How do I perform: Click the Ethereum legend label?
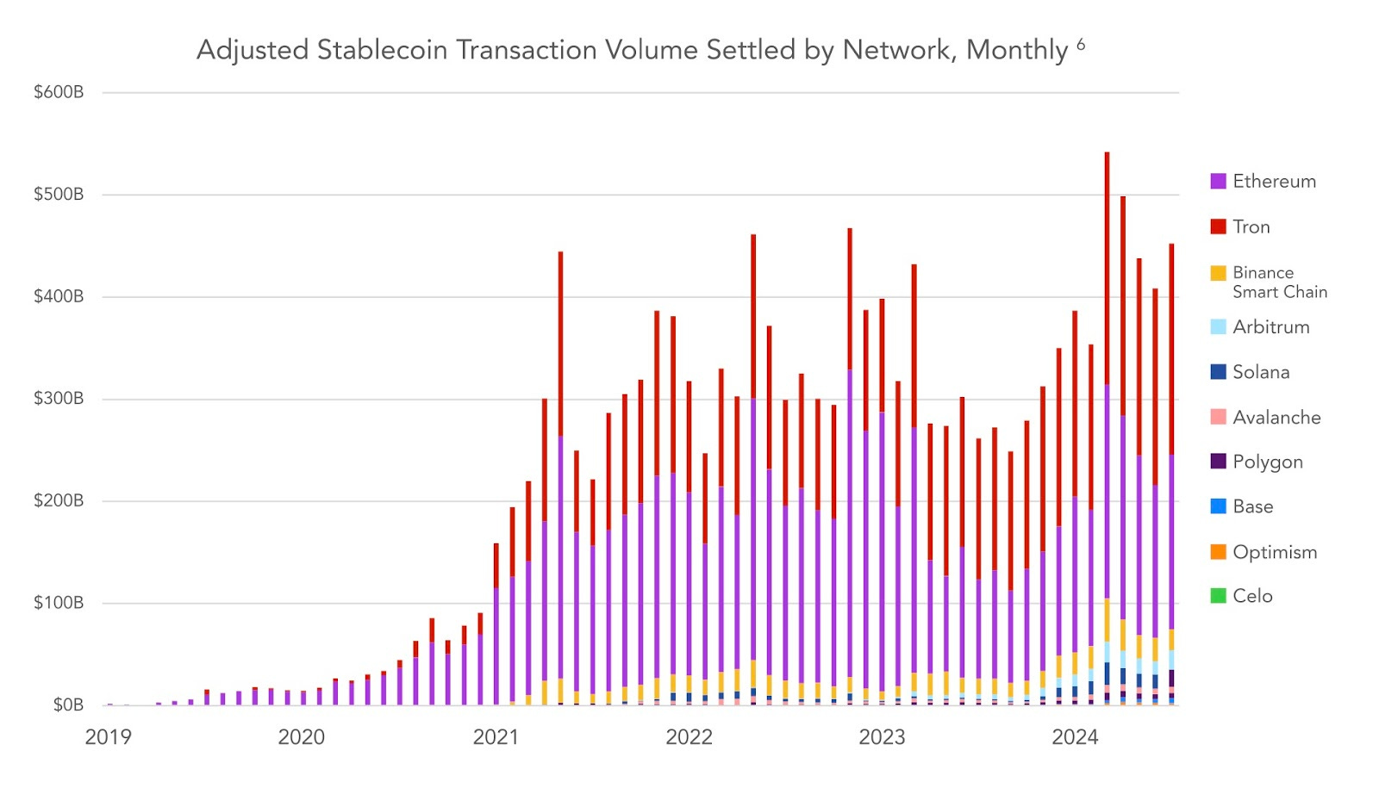[x=1274, y=182]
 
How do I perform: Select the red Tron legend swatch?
[x=1218, y=226]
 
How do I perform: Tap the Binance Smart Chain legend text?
[x=1279, y=282]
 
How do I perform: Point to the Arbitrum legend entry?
[x=1270, y=327]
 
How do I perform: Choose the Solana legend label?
[x=1261, y=372]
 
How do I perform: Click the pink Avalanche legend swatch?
[x=1218, y=417]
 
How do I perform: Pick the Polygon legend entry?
[x=1267, y=462]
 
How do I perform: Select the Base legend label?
[x=1252, y=507]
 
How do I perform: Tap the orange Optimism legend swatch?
[x=1218, y=552]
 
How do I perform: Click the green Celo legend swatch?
[x=1218, y=596]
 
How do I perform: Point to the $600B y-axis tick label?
[x=59, y=92]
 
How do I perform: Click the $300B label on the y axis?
[x=59, y=399]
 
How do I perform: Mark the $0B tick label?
[x=67, y=705]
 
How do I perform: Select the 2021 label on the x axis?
[x=496, y=737]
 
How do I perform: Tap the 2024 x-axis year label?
[x=1075, y=737]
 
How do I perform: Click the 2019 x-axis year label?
[x=108, y=737]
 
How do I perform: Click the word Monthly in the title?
[x=1017, y=50]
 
